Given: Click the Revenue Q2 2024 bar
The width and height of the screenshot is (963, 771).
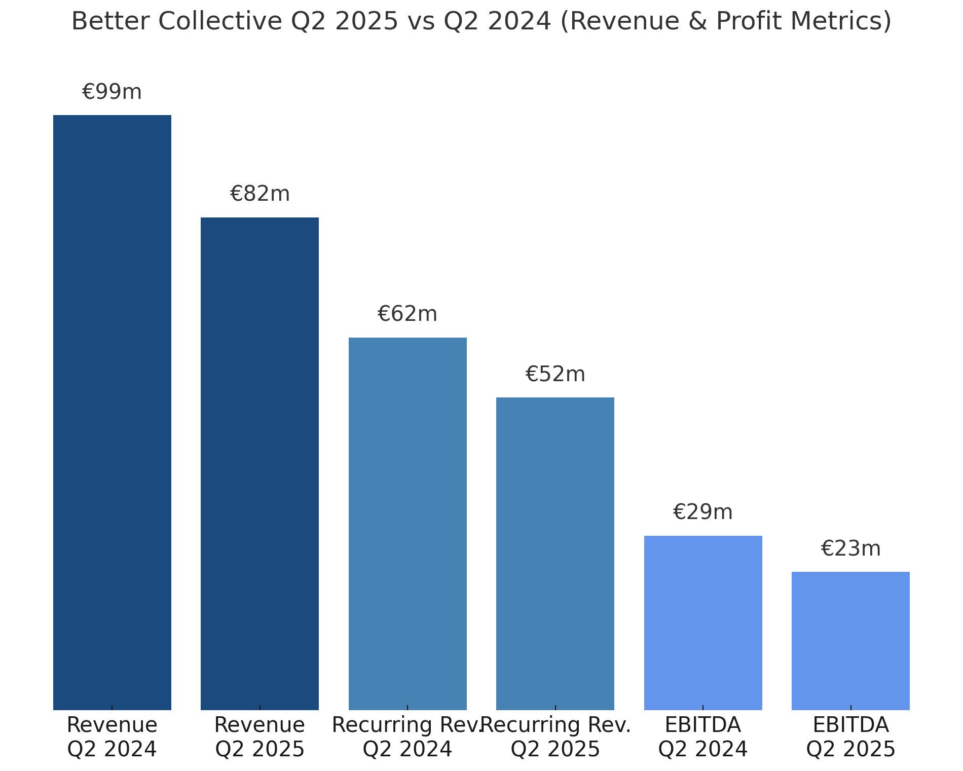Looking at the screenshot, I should click(112, 412).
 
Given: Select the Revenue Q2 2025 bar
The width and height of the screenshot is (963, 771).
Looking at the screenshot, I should click(260, 463).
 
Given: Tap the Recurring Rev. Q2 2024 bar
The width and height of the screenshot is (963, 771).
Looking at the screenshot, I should click(408, 523).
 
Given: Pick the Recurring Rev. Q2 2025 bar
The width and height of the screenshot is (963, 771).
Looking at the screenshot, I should click(555, 554).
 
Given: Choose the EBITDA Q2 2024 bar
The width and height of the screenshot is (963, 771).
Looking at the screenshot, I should click(703, 622).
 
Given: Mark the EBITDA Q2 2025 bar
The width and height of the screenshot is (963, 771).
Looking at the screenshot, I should click(850, 641).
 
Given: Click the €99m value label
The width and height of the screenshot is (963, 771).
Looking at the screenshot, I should click(112, 92).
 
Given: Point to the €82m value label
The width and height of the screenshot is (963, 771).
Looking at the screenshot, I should click(260, 194).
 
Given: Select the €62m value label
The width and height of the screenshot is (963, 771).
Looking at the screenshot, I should click(408, 314).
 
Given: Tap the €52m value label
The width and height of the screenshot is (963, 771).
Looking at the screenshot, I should click(555, 375).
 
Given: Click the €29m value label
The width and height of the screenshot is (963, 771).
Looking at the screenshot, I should click(703, 512).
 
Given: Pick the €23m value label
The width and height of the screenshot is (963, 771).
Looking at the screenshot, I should click(850, 549).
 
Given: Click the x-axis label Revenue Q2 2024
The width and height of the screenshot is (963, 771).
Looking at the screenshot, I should click(112, 737).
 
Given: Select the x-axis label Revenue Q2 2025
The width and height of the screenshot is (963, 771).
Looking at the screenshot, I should click(260, 737).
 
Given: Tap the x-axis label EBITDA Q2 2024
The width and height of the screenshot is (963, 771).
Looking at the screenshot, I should click(703, 737).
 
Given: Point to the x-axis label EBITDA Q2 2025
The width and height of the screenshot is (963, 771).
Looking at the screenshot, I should click(850, 737).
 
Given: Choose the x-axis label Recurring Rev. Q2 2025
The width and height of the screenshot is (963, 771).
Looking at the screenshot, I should click(555, 737).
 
